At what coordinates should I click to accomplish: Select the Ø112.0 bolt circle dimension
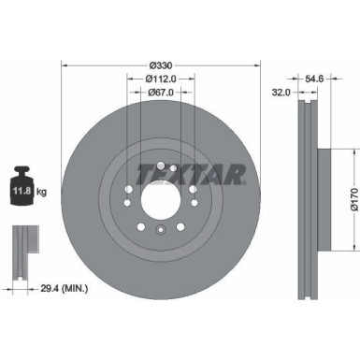163,79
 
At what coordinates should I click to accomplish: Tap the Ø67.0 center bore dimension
163,94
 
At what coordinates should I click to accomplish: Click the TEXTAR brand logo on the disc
193,174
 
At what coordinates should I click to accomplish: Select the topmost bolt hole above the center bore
161,167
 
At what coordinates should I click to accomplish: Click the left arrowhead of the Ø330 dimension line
65,65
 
